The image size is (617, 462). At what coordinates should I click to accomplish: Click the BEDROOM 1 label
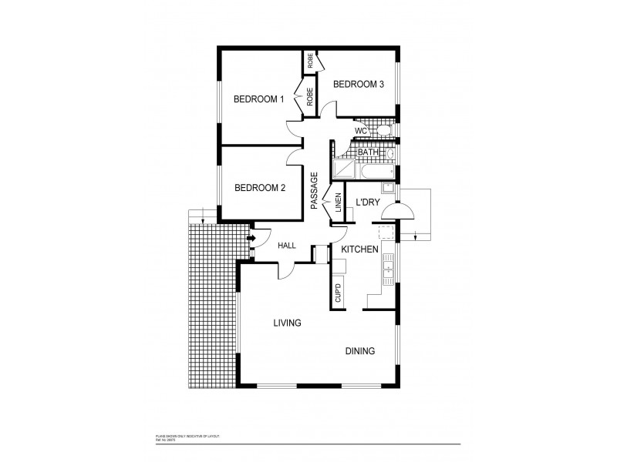pos(259,99)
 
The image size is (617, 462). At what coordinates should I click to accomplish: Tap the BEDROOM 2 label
pos(260,187)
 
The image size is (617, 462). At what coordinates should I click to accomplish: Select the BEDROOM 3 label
pos(359,84)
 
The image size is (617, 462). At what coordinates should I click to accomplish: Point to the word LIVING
pos(286,323)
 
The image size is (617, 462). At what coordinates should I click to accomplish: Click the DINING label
pos(359,351)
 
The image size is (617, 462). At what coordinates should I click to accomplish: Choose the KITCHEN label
pos(359,249)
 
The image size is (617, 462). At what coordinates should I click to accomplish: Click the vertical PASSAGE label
pos(314,190)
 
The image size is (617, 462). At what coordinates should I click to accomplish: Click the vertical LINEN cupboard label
pos(338,202)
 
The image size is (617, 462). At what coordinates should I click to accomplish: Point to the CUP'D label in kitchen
pos(338,293)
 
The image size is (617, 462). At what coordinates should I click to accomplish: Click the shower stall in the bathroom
pos(344,169)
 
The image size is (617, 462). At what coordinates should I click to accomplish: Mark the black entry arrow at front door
pos(251,238)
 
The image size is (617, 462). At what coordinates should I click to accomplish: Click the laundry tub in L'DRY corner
pos(389,189)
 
